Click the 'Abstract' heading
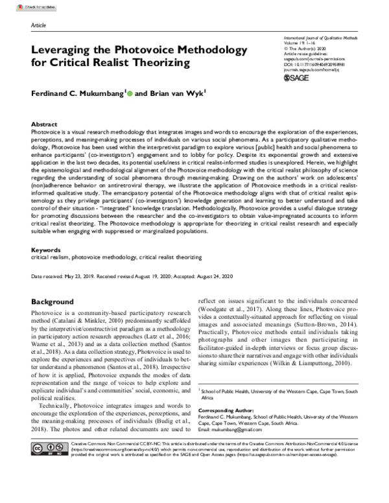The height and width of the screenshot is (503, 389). click(44, 123)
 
